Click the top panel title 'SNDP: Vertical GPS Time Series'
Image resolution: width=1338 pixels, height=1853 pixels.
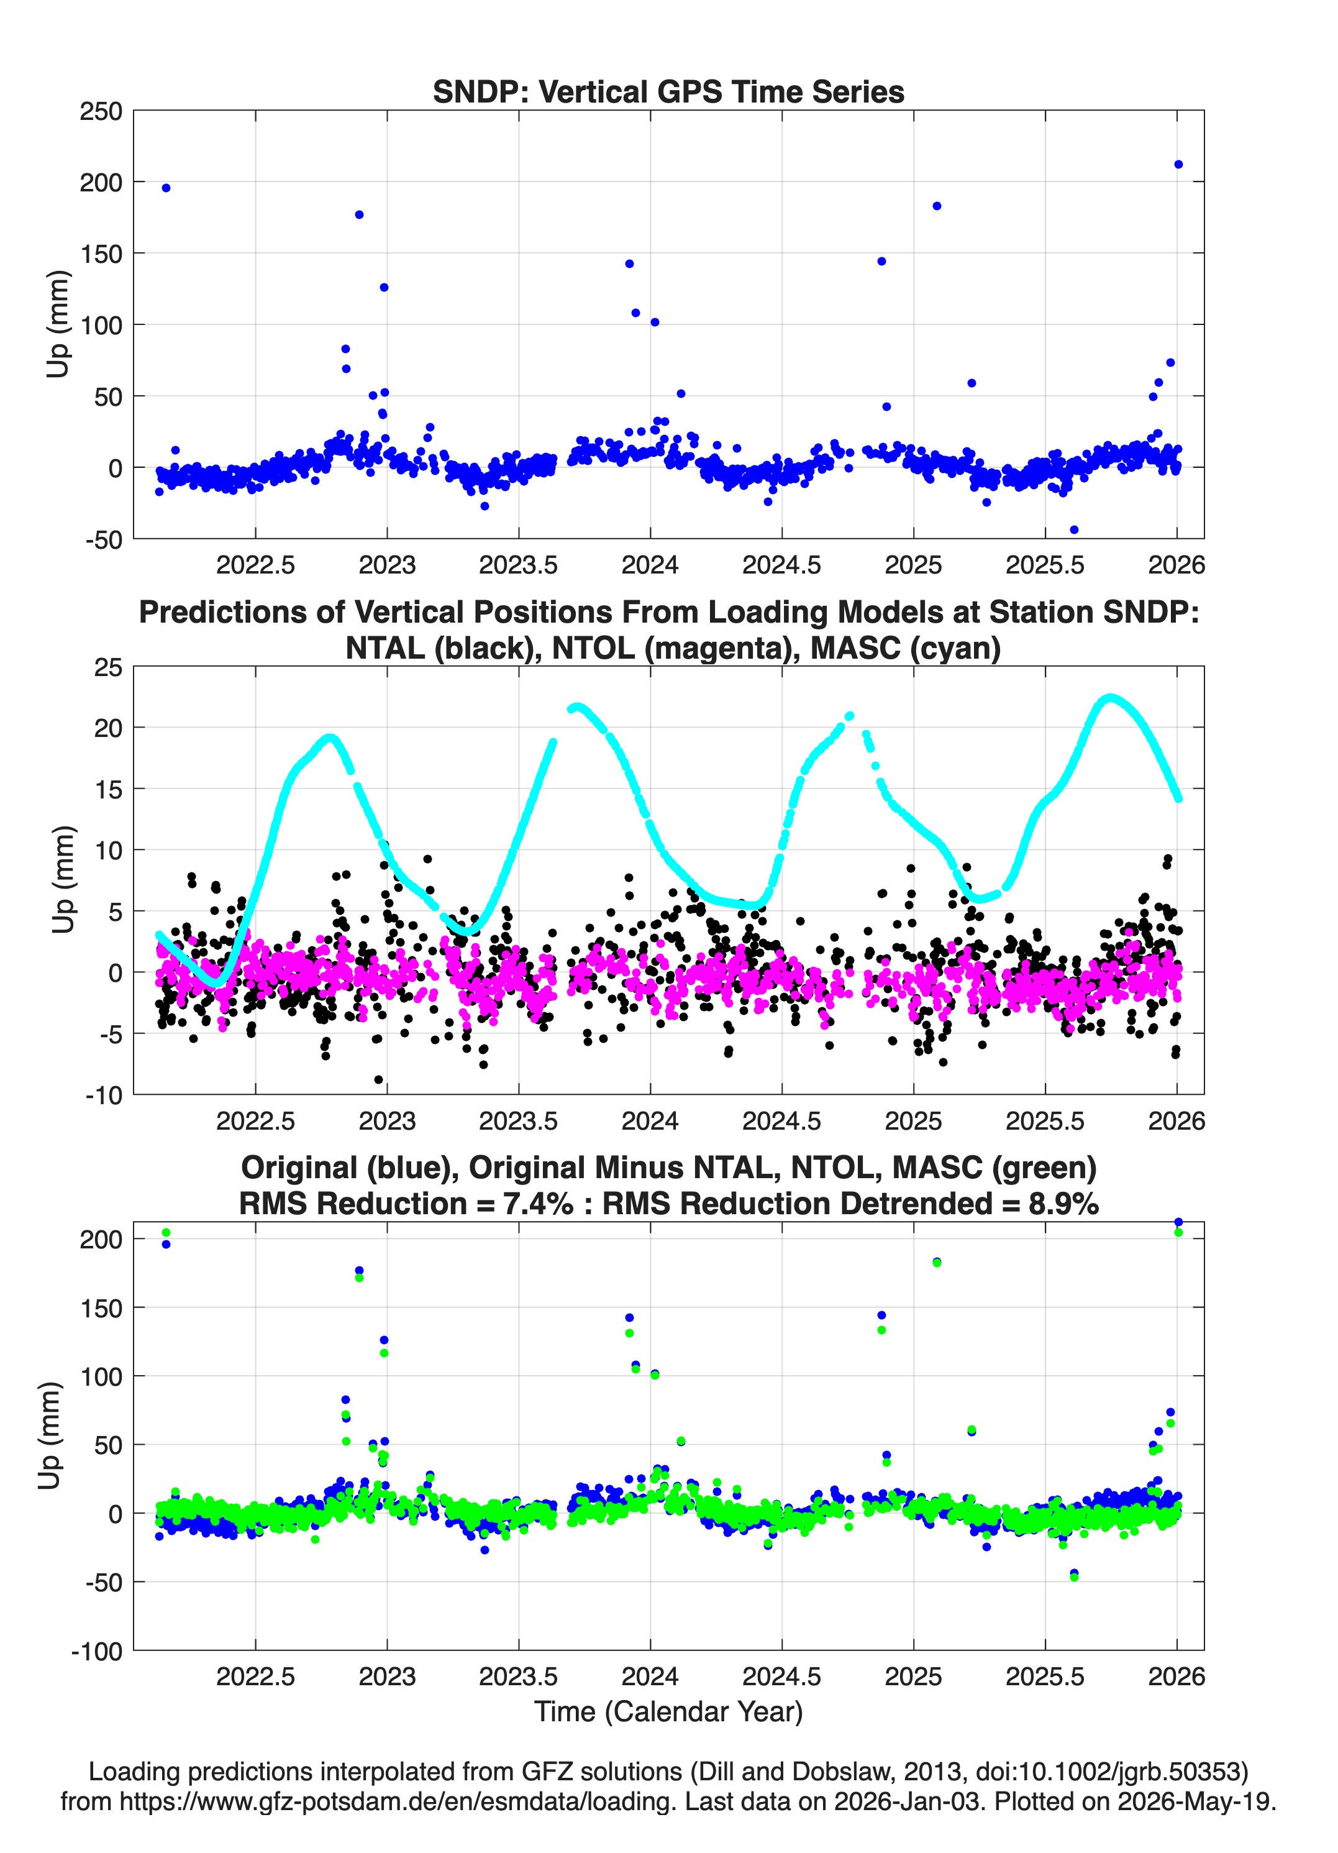pyautogui.click(x=668, y=91)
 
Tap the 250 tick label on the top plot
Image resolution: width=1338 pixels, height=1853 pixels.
pyautogui.click(x=101, y=111)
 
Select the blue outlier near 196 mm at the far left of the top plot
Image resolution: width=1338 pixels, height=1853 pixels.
pyautogui.click(x=166, y=188)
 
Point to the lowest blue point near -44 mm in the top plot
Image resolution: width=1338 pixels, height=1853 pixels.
pyautogui.click(x=1074, y=529)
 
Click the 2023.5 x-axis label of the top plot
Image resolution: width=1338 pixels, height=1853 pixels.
pyautogui.click(x=518, y=565)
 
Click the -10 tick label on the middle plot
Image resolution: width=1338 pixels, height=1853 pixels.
pyautogui.click(x=104, y=1095)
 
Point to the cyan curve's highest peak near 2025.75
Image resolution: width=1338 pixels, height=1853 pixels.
pyautogui.click(x=1110, y=698)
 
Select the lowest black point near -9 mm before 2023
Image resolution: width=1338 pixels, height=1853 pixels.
pyautogui.click(x=378, y=1079)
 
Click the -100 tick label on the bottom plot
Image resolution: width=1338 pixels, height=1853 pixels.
pyautogui.click(x=97, y=1651)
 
